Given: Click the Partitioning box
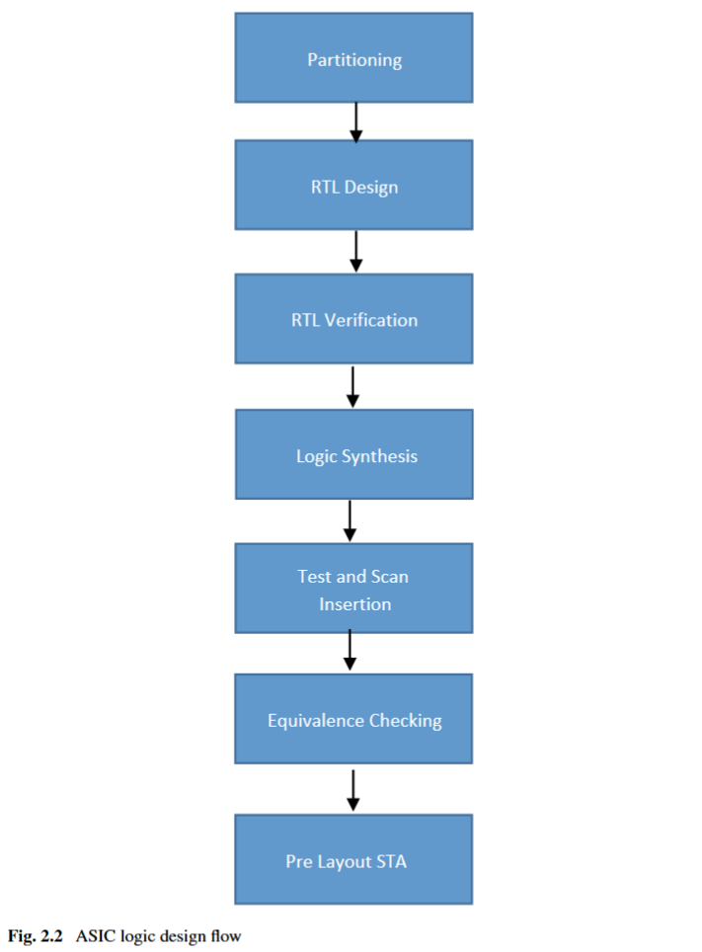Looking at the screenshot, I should [x=353, y=57].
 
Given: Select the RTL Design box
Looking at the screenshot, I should [x=353, y=185].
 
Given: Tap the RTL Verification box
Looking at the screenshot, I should [x=353, y=318].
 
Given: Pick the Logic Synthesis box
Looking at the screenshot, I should [x=353, y=454].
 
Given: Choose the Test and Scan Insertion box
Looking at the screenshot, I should [x=353, y=589].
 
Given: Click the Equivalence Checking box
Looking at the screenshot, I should [x=353, y=719].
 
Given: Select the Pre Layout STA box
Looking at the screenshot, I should [x=353, y=859].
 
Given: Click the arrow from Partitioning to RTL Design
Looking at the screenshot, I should [x=356, y=120].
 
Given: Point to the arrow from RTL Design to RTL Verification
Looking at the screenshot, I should [x=356, y=251].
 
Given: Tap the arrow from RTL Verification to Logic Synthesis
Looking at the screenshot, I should [x=352, y=385].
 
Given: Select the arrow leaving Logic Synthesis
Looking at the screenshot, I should [x=350, y=520].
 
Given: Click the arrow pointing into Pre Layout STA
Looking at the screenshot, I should [x=352, y=789].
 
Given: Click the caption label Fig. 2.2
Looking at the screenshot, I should [x=36, y=935].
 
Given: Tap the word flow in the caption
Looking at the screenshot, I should [x=225, y=935].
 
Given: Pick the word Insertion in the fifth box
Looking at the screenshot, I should [x=354, y=603].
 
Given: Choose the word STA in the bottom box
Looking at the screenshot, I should [x=391, y=861].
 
